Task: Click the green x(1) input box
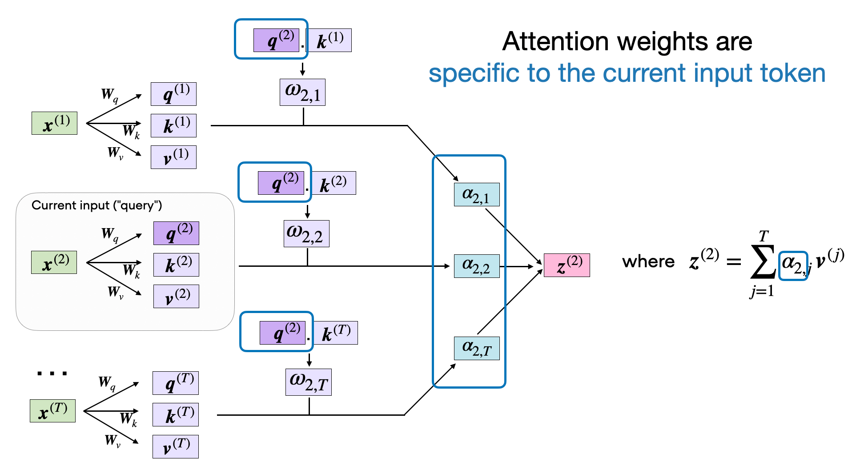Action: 54,123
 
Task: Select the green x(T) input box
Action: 52,411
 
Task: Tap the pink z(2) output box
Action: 567,265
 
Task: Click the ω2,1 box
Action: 302,92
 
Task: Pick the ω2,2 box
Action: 306,233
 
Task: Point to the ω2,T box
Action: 308,382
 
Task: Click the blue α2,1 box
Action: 476,195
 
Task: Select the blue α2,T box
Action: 476,348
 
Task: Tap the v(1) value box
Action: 173,157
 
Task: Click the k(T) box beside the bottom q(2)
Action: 336,333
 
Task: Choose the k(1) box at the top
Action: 329,40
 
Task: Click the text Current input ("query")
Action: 96,205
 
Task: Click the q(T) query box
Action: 175,383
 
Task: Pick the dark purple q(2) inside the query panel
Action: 176,233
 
